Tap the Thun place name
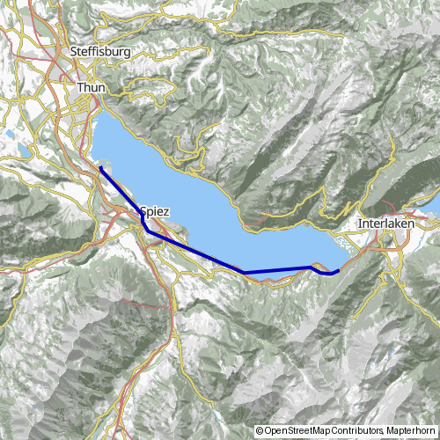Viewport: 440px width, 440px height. (92, 88)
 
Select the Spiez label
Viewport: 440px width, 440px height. (153, 211)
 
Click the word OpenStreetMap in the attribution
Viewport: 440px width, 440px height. (297, 407)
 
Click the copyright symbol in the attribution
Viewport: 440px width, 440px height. (260, 407)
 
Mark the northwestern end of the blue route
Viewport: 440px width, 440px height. (101, 167)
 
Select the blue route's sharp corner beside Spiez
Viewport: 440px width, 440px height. (146, 228)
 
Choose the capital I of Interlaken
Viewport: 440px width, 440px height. (360, 224)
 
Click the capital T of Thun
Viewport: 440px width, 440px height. (80, 88)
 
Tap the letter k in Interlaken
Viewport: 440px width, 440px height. (392, 224)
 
